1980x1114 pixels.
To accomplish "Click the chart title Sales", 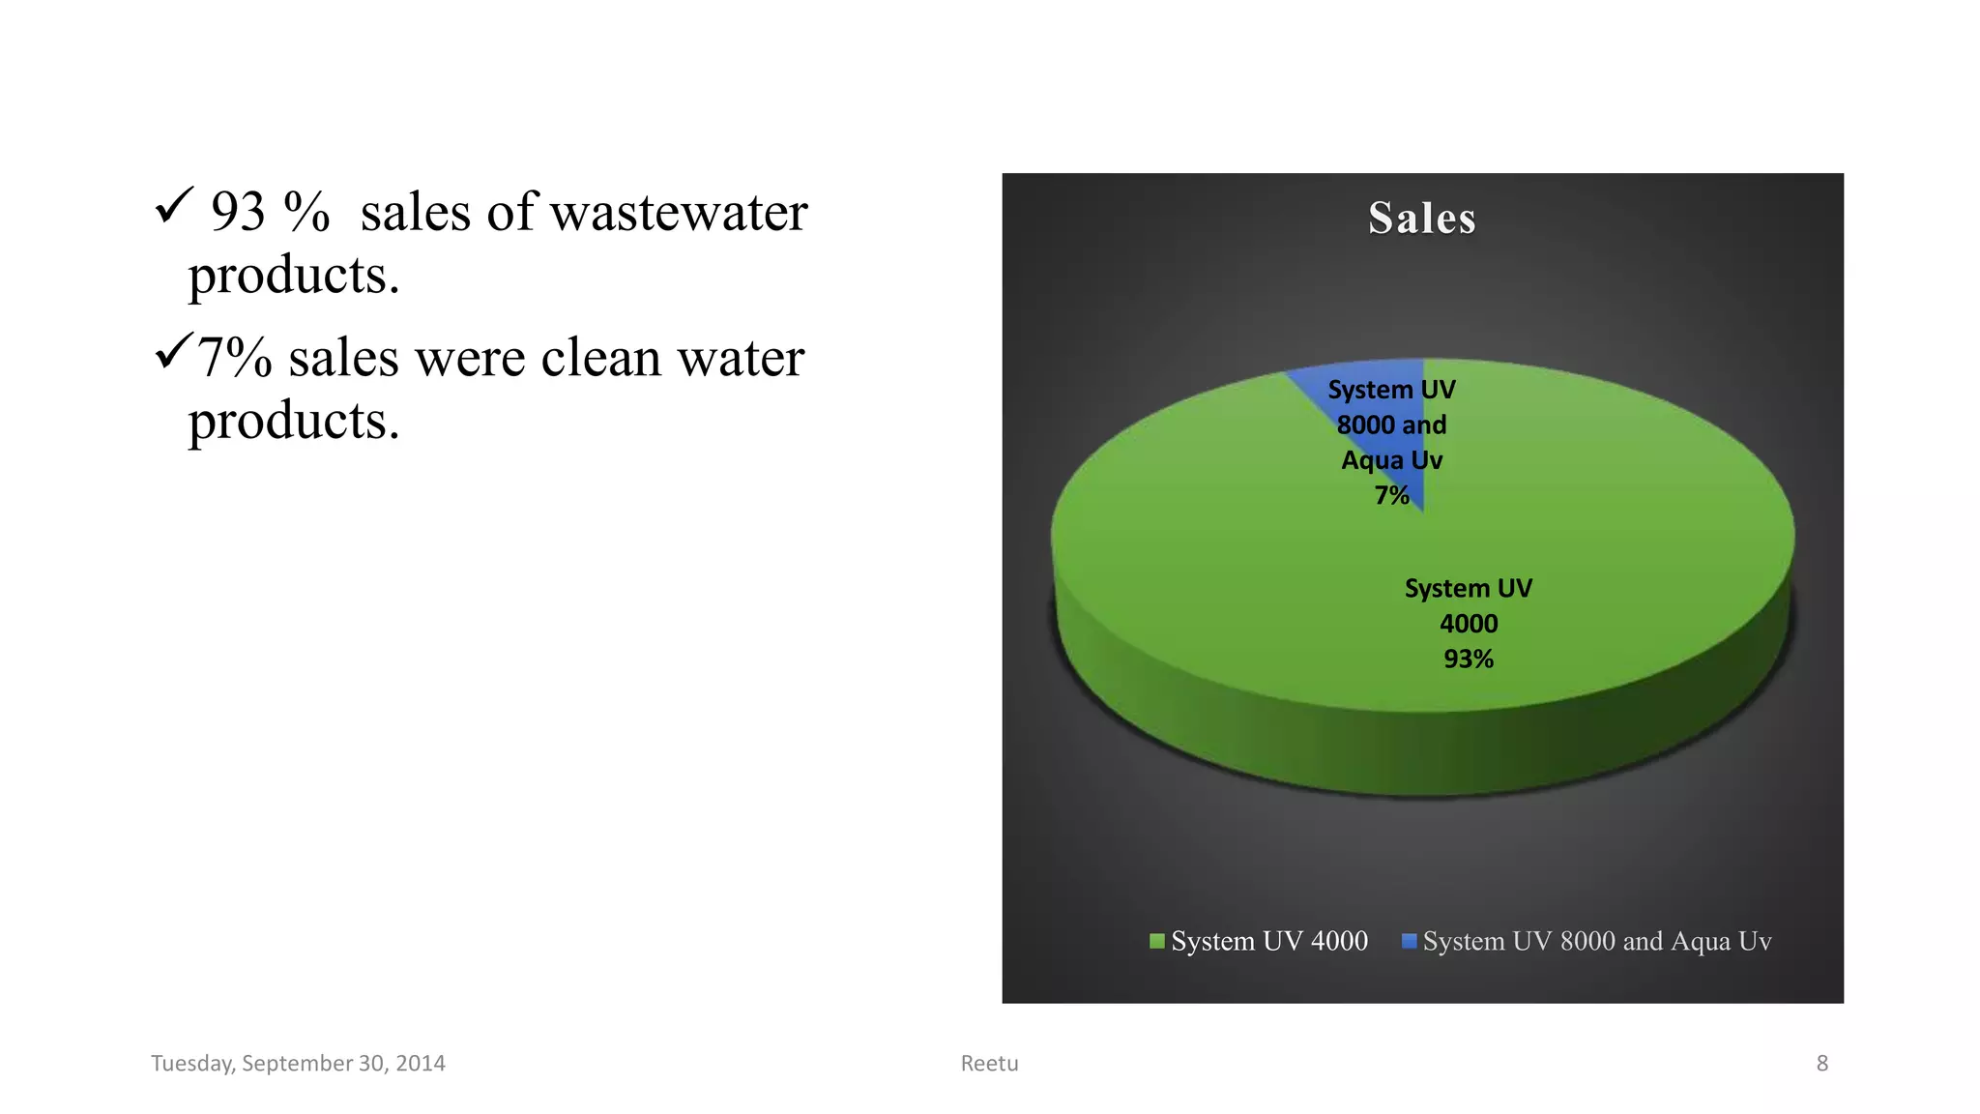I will point(1422,219).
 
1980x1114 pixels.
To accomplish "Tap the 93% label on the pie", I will point(1469,660).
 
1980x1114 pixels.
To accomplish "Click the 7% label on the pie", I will point(1391,496).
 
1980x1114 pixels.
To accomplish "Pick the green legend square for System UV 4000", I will point(1156,941).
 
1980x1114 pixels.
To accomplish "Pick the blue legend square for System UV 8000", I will point(1409,941).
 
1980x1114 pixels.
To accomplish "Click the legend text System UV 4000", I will point(1268,941).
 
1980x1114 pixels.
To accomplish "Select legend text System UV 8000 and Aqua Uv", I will point(1596,941).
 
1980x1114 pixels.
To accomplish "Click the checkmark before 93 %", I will point(175,206).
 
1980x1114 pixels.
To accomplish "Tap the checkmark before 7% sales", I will point(173,351).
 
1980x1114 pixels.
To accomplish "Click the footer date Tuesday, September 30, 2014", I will point(298,1064).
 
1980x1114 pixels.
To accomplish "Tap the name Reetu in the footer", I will point(989,1064).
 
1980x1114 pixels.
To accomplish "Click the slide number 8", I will point(1821,1064).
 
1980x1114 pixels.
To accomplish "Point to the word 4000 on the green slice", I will point(1469,624).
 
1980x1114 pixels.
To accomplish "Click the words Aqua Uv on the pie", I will point(1391,460).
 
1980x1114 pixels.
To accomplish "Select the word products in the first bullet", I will point(293,277).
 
